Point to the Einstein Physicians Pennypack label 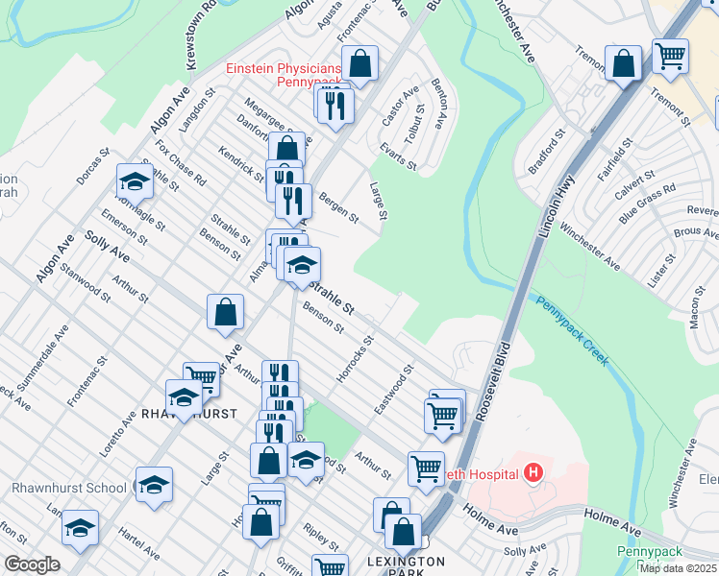click(283, 75)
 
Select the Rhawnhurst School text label click(69, 488)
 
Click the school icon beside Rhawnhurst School click(153, 486)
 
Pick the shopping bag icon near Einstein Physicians click(359, 64)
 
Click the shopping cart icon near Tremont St click(670, 55)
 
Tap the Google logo click(32, 564)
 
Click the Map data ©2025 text click(679, 568)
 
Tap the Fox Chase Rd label click(181, 164)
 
